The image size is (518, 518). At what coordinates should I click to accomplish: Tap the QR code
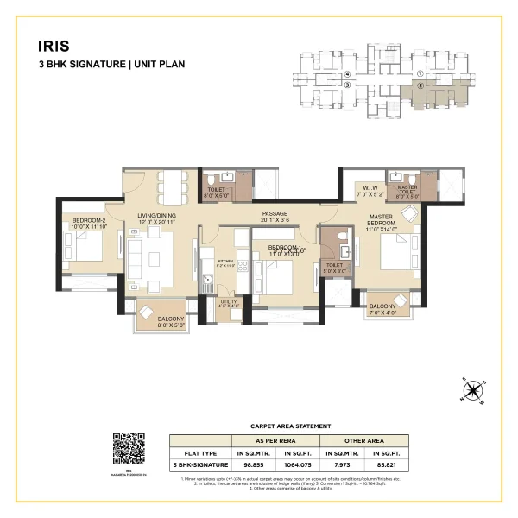129,449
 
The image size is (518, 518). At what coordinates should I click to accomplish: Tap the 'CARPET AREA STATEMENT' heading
290,426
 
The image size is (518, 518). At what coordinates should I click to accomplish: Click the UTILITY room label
228,303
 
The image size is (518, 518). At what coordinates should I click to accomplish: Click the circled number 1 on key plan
420,74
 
